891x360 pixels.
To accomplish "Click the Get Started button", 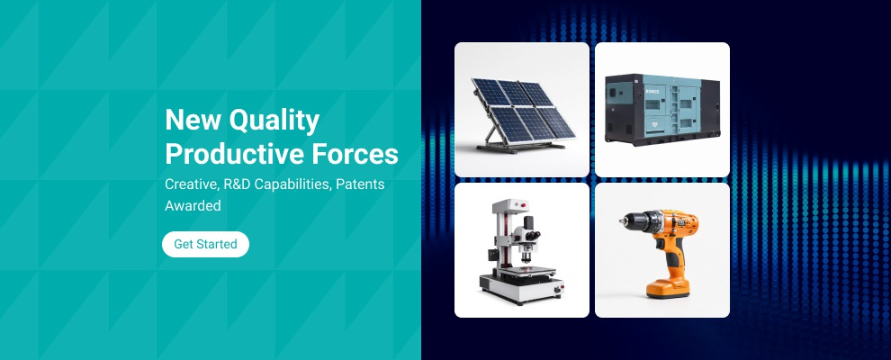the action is click(205, 244).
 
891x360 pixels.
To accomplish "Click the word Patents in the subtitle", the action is click(360, 184).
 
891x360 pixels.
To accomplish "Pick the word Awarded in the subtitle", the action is click(193, 205).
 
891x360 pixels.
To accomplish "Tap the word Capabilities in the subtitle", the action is click(292, 185).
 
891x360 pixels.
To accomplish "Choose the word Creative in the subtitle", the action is click(192, 185).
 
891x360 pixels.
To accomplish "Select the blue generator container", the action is click(662, 110).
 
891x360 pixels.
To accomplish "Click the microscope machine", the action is click(522, 251).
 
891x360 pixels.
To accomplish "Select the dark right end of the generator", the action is click(710, 110).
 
